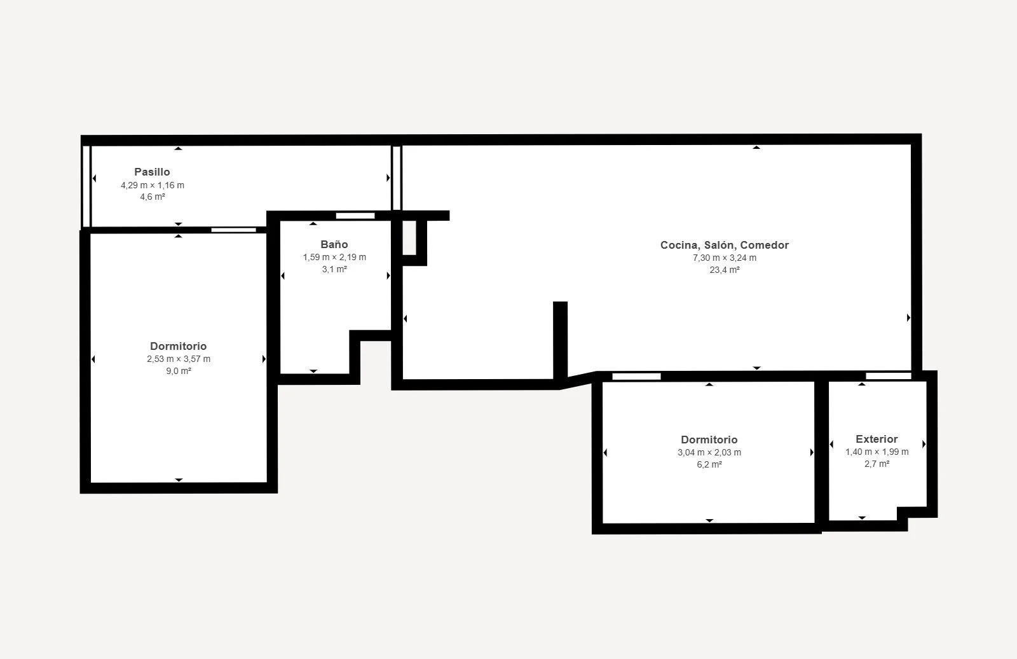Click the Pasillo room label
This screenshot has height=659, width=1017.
click(x=152, y=172)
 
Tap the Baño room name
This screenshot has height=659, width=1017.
click(x=334, y=244)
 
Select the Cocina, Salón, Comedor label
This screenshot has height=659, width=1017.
click(x=725, y=245)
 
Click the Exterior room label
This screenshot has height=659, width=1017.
click(x=877, y=439)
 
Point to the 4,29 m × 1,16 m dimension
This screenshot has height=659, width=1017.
click(x=153, y=185)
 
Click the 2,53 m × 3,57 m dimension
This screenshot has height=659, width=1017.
click(x=179, y=359)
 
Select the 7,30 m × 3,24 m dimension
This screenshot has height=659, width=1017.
click(x=725, y=258)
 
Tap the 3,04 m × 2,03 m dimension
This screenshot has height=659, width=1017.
click(x=709, y=452)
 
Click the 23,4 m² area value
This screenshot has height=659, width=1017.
click(x=725, y=270)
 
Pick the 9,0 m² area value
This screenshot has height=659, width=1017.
click(x=179, y=371)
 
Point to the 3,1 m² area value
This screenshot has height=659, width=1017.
click(x=334, y=269)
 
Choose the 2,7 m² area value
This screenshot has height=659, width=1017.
click(x=877, y=464)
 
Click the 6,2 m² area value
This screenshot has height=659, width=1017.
click(x=709, y=464)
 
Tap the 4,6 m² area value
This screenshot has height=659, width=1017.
click(x=153, y=197)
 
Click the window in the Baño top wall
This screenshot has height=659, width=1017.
click(x=355, y=216)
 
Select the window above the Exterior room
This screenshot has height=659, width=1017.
click(x=889, y=376)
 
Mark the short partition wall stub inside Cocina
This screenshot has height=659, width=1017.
click(x=560, y=340)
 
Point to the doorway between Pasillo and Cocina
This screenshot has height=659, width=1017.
click(x=397, y=177)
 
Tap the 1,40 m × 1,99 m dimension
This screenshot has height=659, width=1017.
click(x=877, y=452)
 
